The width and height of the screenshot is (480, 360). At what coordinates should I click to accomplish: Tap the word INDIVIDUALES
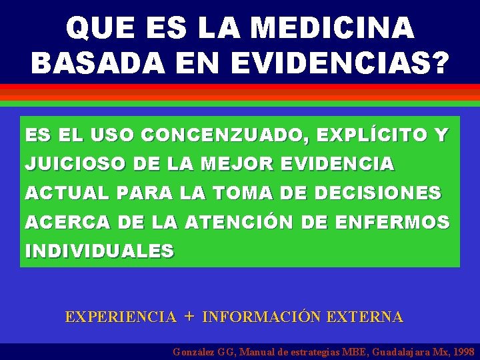tap(99, 251)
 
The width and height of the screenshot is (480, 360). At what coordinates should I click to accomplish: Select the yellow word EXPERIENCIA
tap(121, 317)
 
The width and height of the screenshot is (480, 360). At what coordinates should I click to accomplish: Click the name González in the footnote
tap(194, 351)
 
